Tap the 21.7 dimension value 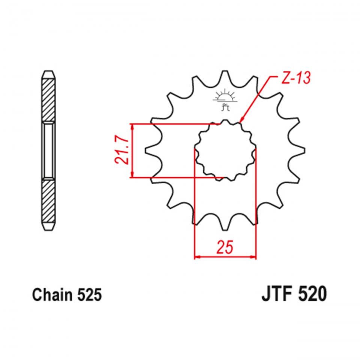[x=122, y=150]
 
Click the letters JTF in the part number [x=276, y=294]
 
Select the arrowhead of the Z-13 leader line [x=241, y=120]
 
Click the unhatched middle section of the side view [x=49, y=150]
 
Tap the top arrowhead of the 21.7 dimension [x=132, y=126]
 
